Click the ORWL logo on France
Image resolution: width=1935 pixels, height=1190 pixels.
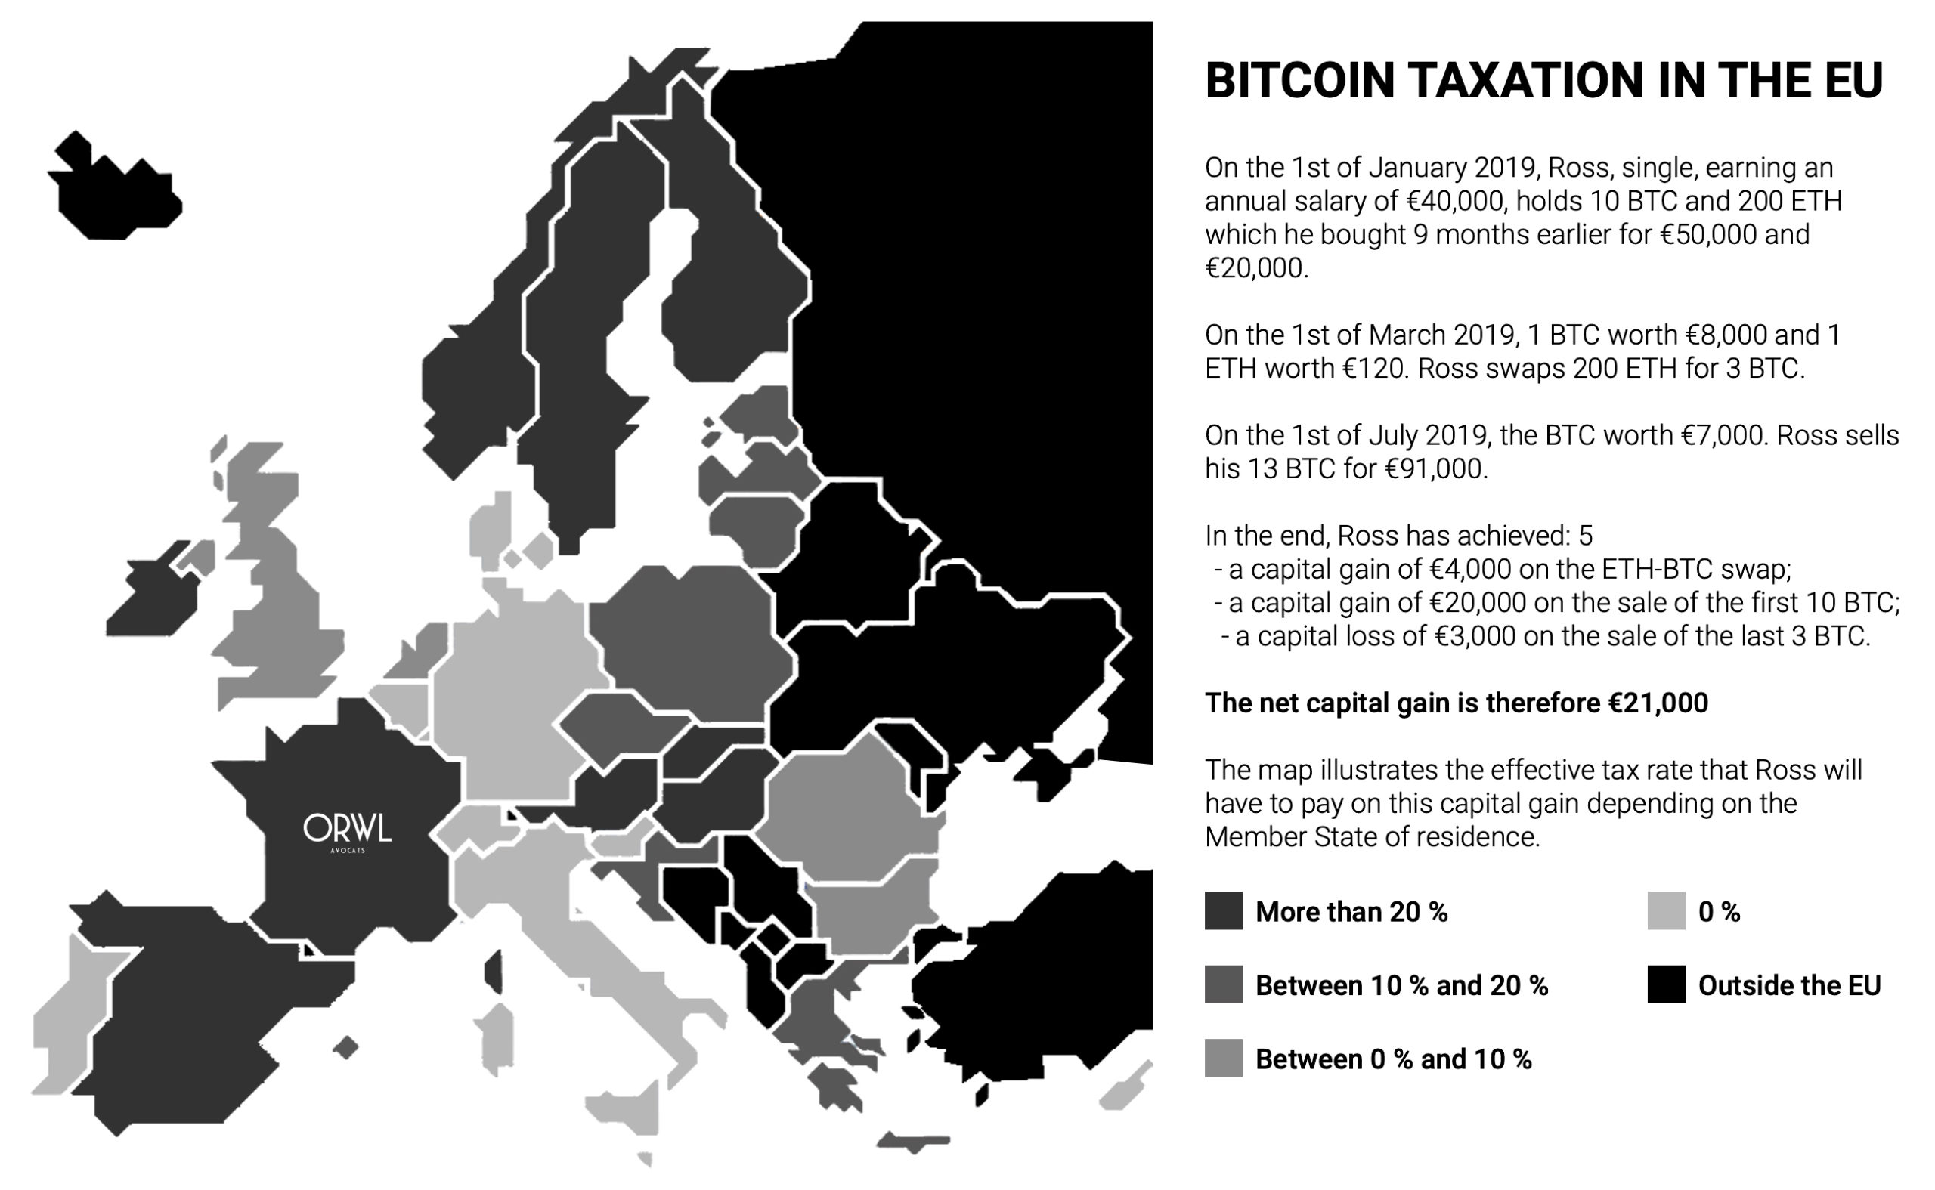click(x=347, y=831)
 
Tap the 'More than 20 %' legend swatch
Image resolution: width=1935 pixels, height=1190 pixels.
click(x=1223, y=911)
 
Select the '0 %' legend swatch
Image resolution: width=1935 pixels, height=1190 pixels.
click(x=1666, y=911)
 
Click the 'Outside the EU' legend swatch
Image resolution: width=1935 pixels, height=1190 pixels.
click(x=1666, y=984)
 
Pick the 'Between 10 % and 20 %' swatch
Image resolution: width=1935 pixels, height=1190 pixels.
click(x=1223, y=984)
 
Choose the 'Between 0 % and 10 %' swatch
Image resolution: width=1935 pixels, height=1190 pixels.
click(x=1223, y=1059)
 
